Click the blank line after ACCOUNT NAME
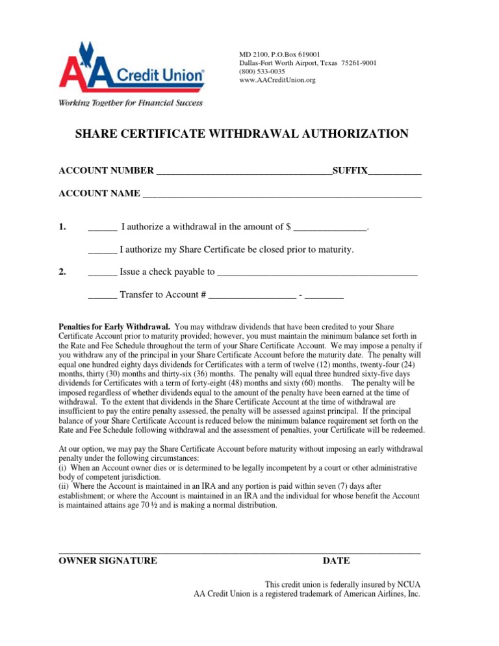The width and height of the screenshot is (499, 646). tap(282, 194)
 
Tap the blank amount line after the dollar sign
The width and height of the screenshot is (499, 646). tap(330, 227)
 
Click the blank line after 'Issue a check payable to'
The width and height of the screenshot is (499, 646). tap(317, 272)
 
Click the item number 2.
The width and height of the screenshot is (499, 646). tap(62, 272)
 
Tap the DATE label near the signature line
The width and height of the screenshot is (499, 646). tap(336, 560)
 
